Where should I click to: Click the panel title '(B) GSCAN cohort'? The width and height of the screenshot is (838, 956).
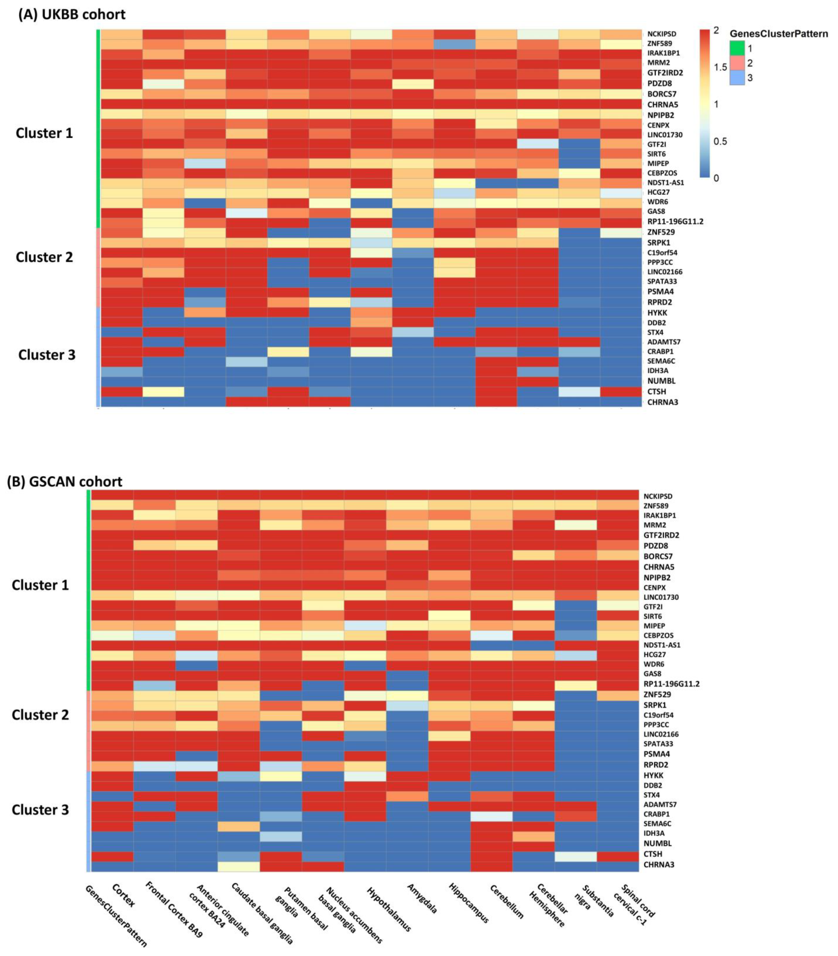coord(65,482)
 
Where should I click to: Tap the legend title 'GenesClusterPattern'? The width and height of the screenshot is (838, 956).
coord(779,34)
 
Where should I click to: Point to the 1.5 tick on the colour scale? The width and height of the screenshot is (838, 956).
coord(721,67)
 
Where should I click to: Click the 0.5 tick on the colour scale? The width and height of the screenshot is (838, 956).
coord(721,141)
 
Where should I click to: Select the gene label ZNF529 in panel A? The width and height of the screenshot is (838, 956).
coord(661,232)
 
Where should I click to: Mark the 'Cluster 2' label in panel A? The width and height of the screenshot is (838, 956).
coord(44,257)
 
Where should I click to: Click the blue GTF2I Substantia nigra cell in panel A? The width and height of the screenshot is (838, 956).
coord(579,144)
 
